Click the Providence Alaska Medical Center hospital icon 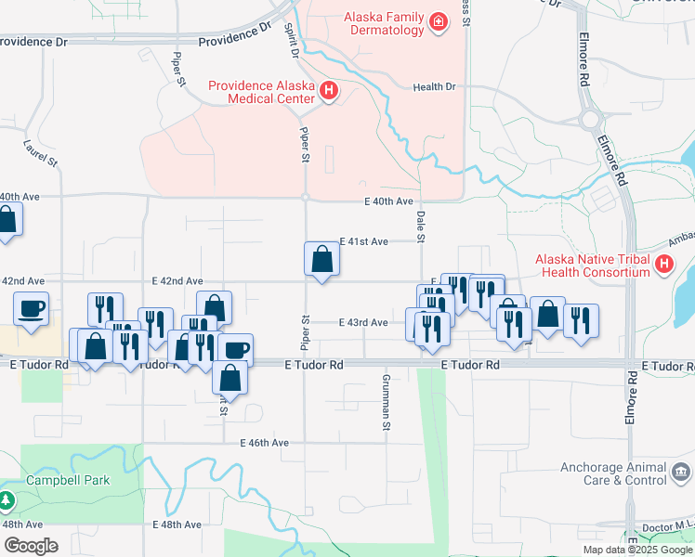pyautogui.click(x=327, y=91)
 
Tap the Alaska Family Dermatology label pyautogui.click(x=383, y=23)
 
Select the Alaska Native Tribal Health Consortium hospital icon pyautogui.click(x=663, y=266)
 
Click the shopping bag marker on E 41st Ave pyautogui.click(x=321, y=259)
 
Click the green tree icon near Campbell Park pyautogui.click(x=7, y=501)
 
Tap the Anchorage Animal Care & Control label pyautogui.click(x=612, y=473)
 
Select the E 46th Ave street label pyautogui.click(x=264, y=443)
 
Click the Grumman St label pyautogui.click(x=386, y=403)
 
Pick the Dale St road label pyautogui.click(x=420, y=226)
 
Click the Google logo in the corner pyautogui.click(x=31, y=546)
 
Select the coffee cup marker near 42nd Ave pyautogui.click(x=31, y=308)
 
